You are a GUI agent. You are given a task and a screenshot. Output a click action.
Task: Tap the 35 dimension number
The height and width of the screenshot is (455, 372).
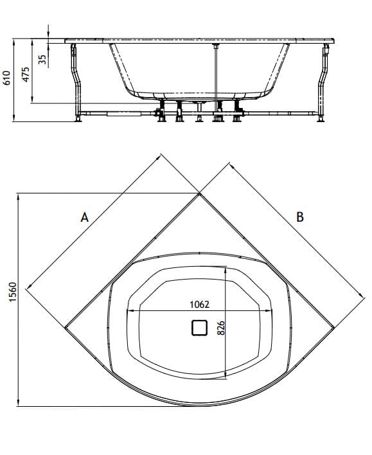[42, 59]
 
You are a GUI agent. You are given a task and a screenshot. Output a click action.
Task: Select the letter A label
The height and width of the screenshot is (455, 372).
[84, 217]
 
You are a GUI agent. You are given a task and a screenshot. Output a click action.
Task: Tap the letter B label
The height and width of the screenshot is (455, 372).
[299, 217]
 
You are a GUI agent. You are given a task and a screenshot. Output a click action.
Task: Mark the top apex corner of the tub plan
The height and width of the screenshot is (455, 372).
[199, 193]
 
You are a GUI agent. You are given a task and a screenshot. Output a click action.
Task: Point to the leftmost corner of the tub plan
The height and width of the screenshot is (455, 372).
[65, 327]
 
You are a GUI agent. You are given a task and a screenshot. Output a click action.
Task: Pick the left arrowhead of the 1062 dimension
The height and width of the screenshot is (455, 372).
[131, 311]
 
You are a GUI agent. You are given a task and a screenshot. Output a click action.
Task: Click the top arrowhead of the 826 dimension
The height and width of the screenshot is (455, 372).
[225, 269]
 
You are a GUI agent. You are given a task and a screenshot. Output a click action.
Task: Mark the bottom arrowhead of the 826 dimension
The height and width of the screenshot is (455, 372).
[225, 376]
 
